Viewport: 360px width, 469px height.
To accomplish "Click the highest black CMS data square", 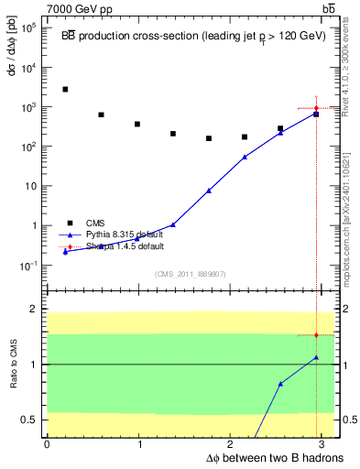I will (65, 89).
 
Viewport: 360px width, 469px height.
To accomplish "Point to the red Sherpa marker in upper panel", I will (316, 108).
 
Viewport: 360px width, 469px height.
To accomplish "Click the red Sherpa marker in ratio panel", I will (316, 335).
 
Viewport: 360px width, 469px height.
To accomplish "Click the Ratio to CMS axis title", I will (14, 365).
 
